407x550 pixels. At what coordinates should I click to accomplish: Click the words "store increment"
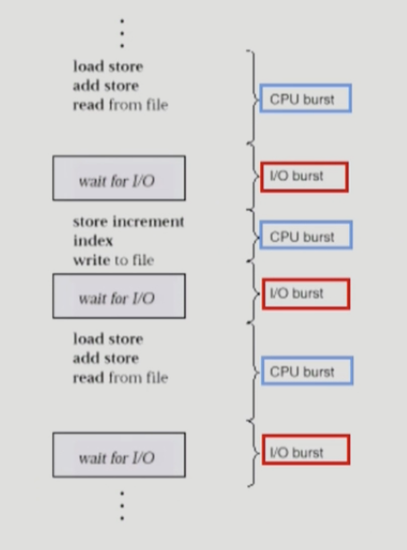128,222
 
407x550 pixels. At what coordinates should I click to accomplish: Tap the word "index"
93,241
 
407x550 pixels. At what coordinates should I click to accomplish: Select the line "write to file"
113,260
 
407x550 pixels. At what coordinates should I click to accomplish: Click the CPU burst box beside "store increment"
306,235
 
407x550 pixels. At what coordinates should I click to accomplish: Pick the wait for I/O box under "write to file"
118,297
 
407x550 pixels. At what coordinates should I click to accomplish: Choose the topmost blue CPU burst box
305,98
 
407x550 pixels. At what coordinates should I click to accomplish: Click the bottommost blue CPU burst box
306,371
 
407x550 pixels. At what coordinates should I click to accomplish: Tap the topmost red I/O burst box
304,177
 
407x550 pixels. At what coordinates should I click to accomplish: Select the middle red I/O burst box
305,294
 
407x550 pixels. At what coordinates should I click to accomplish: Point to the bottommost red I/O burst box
305,451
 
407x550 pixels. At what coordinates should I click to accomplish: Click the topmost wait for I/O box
118,180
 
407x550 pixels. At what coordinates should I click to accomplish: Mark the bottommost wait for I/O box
118,455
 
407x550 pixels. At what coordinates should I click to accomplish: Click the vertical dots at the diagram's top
122,33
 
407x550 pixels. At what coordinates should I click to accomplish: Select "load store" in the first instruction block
108,66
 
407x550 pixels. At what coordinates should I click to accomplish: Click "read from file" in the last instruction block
119,378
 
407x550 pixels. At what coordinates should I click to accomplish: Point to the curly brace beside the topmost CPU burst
253,96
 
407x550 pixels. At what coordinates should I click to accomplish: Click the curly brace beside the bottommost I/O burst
253,452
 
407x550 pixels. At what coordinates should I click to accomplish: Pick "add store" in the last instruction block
106,358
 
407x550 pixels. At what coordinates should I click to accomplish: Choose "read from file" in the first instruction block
119,105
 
